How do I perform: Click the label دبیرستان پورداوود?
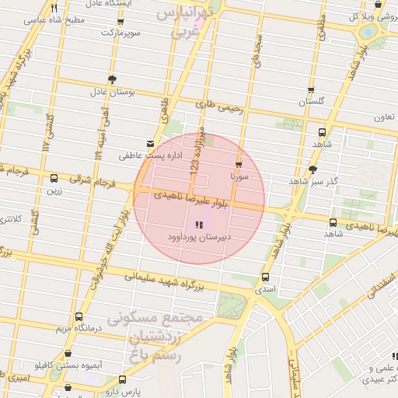[x=199, y=235]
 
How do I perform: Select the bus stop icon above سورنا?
[x=238, y=164]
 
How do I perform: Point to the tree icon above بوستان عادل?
[x=113, y=79]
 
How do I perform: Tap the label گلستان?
[x=311, y=102]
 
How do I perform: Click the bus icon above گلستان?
[x=311, y=91]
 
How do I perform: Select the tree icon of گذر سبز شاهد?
[x=313, y=169]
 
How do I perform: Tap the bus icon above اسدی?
[x=266, y=277]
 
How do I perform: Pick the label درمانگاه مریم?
[x=76, y=328]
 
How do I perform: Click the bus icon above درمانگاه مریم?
[x=79, y=316]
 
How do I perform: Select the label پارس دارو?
[x=123, y=391]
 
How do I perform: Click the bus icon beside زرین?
[x=53, y=178]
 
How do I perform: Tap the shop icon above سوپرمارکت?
[x=118, y=22]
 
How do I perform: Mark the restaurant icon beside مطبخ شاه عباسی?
[x=54, y=9]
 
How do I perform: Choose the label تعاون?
[x=384, y=117]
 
